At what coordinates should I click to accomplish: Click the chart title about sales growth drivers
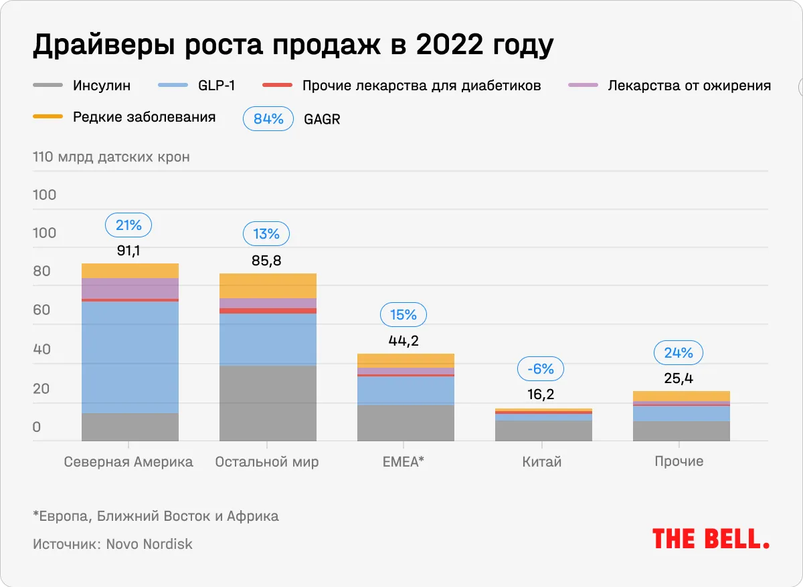[x=293, y=45]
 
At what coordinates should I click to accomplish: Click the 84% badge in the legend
[x=268, y=119]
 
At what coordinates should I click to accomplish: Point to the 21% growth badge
[x=128, y=225]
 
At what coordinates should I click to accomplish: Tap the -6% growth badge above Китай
[x=541, y=368]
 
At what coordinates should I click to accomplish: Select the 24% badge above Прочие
[x=679, y=352]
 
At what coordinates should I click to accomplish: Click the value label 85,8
[x=266, y=261]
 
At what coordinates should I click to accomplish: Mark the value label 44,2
[x=404, y=340]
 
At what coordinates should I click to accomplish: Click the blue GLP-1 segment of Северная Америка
[x=130, y=357]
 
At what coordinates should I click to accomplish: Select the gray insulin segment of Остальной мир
[x=268, y=402]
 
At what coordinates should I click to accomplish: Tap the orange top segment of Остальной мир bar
[x=268, y=285]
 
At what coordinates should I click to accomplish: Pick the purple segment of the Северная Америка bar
[x=130, y=288]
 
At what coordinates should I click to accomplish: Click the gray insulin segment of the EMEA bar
[x=406, y=423]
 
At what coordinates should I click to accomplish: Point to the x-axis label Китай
[x=541, y=462]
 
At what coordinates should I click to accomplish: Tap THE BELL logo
[x=710, y=538]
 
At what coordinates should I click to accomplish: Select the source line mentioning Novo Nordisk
[x=112, y=544]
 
